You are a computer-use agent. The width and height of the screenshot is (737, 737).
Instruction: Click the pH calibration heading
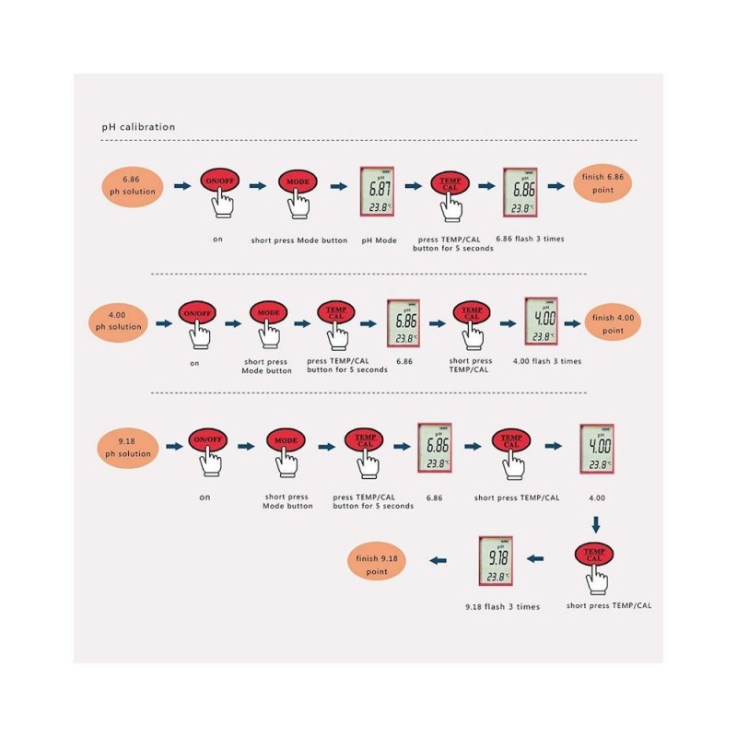138,127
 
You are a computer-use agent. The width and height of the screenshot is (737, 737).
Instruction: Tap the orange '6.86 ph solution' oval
133,186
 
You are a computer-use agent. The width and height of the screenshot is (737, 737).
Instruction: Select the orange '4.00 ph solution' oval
118,322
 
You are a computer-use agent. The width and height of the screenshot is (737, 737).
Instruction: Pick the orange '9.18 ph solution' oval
127,448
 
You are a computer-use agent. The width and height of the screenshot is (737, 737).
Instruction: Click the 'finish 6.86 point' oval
602,183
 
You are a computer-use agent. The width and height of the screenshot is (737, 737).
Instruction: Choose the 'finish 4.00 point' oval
613,324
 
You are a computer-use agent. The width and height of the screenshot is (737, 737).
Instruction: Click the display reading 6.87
377,192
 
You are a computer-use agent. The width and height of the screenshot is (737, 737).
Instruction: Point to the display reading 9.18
496,561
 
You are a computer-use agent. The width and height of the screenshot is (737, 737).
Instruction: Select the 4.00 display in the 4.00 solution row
542,322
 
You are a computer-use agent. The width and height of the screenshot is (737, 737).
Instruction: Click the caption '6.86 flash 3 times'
530,239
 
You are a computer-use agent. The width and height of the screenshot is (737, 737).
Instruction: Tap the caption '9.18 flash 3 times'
502,607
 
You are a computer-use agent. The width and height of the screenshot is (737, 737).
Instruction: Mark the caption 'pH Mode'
379,240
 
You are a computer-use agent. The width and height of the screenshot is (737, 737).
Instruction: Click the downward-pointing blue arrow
596,525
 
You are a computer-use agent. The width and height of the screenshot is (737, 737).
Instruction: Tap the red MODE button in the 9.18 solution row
286,440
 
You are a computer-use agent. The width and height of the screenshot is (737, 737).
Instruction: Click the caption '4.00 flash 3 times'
547,361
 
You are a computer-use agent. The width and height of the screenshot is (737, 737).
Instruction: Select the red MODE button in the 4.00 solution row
268,312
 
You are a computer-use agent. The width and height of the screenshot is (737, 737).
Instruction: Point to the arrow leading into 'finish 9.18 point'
439,560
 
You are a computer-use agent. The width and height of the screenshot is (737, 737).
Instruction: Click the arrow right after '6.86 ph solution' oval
182,186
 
